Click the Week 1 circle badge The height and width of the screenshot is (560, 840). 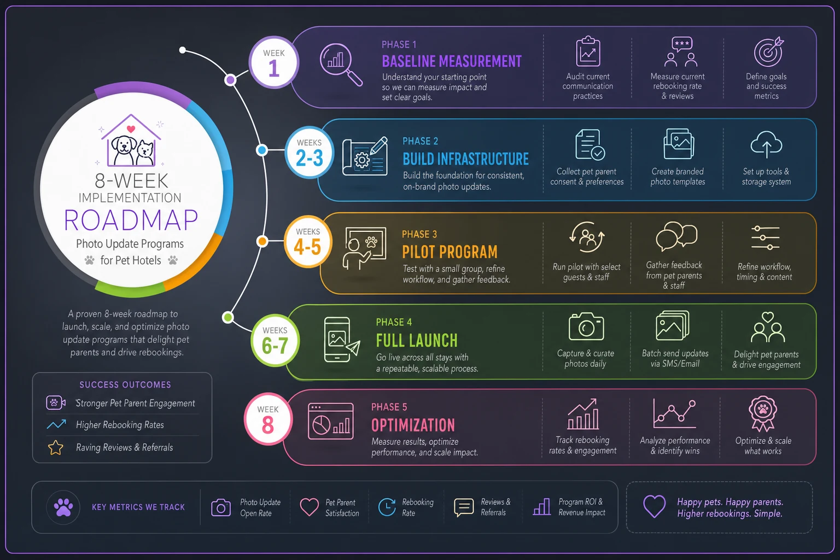coord(274,62)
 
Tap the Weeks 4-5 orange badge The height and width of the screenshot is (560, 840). coord(308,241)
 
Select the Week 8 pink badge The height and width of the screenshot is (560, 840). coord(268,419)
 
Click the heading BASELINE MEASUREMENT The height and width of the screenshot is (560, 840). coord(452,61)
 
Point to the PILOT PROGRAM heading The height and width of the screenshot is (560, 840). coord(450,252)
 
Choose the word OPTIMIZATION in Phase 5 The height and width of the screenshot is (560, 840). coord(413,425)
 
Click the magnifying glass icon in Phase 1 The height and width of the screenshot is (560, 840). coord(341,65)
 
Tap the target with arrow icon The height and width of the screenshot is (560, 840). coord(769,52)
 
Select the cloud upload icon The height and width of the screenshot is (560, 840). coord(766,144)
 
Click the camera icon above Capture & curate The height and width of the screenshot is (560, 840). coord(586,326)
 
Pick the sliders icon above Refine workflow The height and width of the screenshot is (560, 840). coord(765,238)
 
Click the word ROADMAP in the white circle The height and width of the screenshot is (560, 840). coord(131,220)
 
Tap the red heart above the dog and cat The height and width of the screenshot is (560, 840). coord(131,129)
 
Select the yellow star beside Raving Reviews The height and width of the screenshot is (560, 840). coord(55,447)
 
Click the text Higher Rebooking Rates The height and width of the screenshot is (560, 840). coord(120,424)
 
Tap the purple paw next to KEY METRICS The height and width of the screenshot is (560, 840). coord(63,507)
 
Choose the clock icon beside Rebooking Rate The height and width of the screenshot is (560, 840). coord(387,507)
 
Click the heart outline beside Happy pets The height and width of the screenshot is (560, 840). coord(655,506)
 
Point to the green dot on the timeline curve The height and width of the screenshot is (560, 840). coord(227,317)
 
